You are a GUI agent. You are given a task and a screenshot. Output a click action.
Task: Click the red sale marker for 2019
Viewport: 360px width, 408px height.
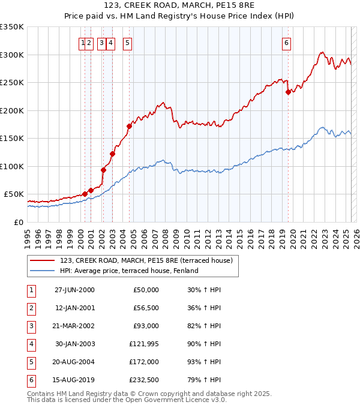coord(288,92)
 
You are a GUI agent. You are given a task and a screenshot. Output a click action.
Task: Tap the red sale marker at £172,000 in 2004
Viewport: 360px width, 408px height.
coord(129,126)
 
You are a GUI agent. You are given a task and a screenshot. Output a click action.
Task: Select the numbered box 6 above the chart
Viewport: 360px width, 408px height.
coord(287,43)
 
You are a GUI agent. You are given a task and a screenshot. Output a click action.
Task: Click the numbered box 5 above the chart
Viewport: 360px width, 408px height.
coord(128,43)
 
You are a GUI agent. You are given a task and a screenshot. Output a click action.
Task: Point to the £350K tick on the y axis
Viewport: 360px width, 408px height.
coord(12,27)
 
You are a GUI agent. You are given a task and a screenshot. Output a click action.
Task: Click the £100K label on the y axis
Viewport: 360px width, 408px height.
coord(12,166)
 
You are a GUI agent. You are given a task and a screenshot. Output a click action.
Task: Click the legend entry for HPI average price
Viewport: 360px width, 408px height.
coord(128,271)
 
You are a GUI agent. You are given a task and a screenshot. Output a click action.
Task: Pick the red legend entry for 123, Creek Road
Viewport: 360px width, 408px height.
coord(142,260)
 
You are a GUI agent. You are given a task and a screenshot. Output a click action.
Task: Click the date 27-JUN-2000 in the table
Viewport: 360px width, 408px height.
coord(74,290)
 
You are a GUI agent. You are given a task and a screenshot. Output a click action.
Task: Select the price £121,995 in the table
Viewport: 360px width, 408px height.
coord(142,344)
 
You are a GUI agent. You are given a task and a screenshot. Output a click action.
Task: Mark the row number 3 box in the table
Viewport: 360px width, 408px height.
coord(30,326)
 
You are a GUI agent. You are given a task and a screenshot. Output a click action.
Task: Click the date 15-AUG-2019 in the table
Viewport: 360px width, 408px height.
coord(74,380)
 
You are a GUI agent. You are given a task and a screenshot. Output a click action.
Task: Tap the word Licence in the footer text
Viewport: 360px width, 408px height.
coord(182,400)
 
